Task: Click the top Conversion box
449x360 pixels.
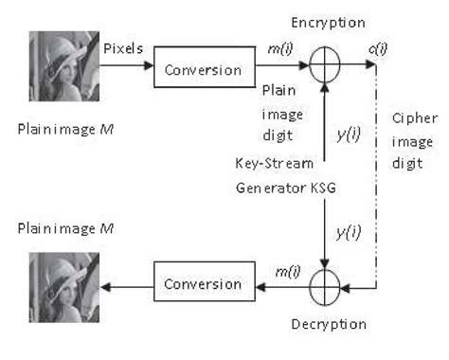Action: [202, 69]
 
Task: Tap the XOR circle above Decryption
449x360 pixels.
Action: [325, 281]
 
